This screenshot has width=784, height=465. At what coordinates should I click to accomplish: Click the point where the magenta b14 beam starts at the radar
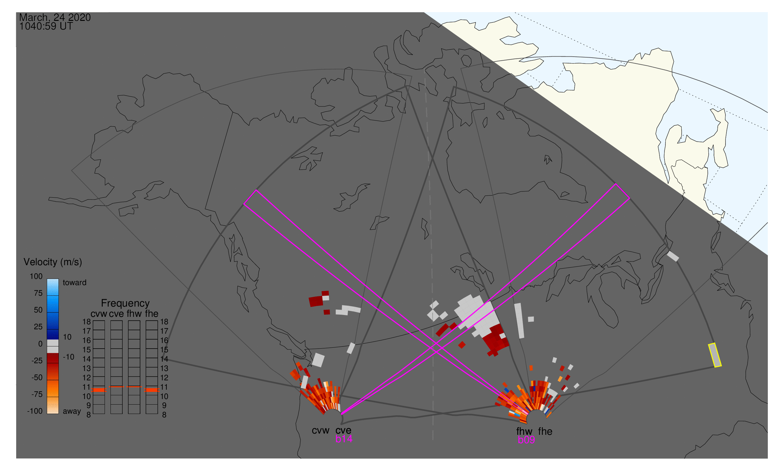[341, 415]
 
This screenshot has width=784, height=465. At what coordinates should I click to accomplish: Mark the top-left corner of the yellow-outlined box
[708, 345]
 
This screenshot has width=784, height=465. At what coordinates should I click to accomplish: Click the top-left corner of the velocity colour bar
[47, 279]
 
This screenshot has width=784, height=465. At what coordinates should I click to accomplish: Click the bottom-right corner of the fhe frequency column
[157, 414]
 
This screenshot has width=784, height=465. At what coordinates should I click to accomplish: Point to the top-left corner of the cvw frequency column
[93, 321]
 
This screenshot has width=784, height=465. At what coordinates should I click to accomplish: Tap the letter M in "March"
[24, 17]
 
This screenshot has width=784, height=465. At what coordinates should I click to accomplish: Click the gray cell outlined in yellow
[715, 355]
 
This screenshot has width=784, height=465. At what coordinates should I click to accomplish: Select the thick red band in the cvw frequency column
[99, 390]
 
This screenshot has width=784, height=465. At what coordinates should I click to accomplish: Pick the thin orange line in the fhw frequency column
[134, 387]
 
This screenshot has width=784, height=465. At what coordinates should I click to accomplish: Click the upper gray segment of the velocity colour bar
[53, 343]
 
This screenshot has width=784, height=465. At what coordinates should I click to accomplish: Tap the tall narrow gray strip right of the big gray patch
[519, 321]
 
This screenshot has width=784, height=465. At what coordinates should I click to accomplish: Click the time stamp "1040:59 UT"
[46, 26]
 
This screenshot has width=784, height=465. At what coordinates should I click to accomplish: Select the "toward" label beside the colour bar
[75, 283]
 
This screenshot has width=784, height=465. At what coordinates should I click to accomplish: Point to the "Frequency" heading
[125, 303]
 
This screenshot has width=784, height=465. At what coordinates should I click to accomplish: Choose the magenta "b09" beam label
[526, 440]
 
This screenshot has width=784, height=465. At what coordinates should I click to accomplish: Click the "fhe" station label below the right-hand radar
[545, 431]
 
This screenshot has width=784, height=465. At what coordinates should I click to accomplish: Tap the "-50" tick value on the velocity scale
[37, 378]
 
